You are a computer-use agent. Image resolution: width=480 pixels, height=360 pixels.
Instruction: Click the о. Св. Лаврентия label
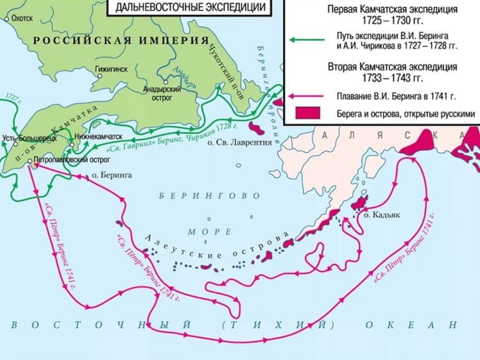(240, 143)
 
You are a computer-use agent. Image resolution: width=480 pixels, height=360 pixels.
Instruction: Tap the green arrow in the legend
(306, 39)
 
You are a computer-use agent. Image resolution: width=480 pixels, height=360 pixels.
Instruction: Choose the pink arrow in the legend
(306, 97)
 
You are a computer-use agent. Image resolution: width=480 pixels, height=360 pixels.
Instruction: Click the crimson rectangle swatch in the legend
(307, 113)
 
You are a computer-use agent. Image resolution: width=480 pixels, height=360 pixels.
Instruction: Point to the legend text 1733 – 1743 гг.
(393, 79)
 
